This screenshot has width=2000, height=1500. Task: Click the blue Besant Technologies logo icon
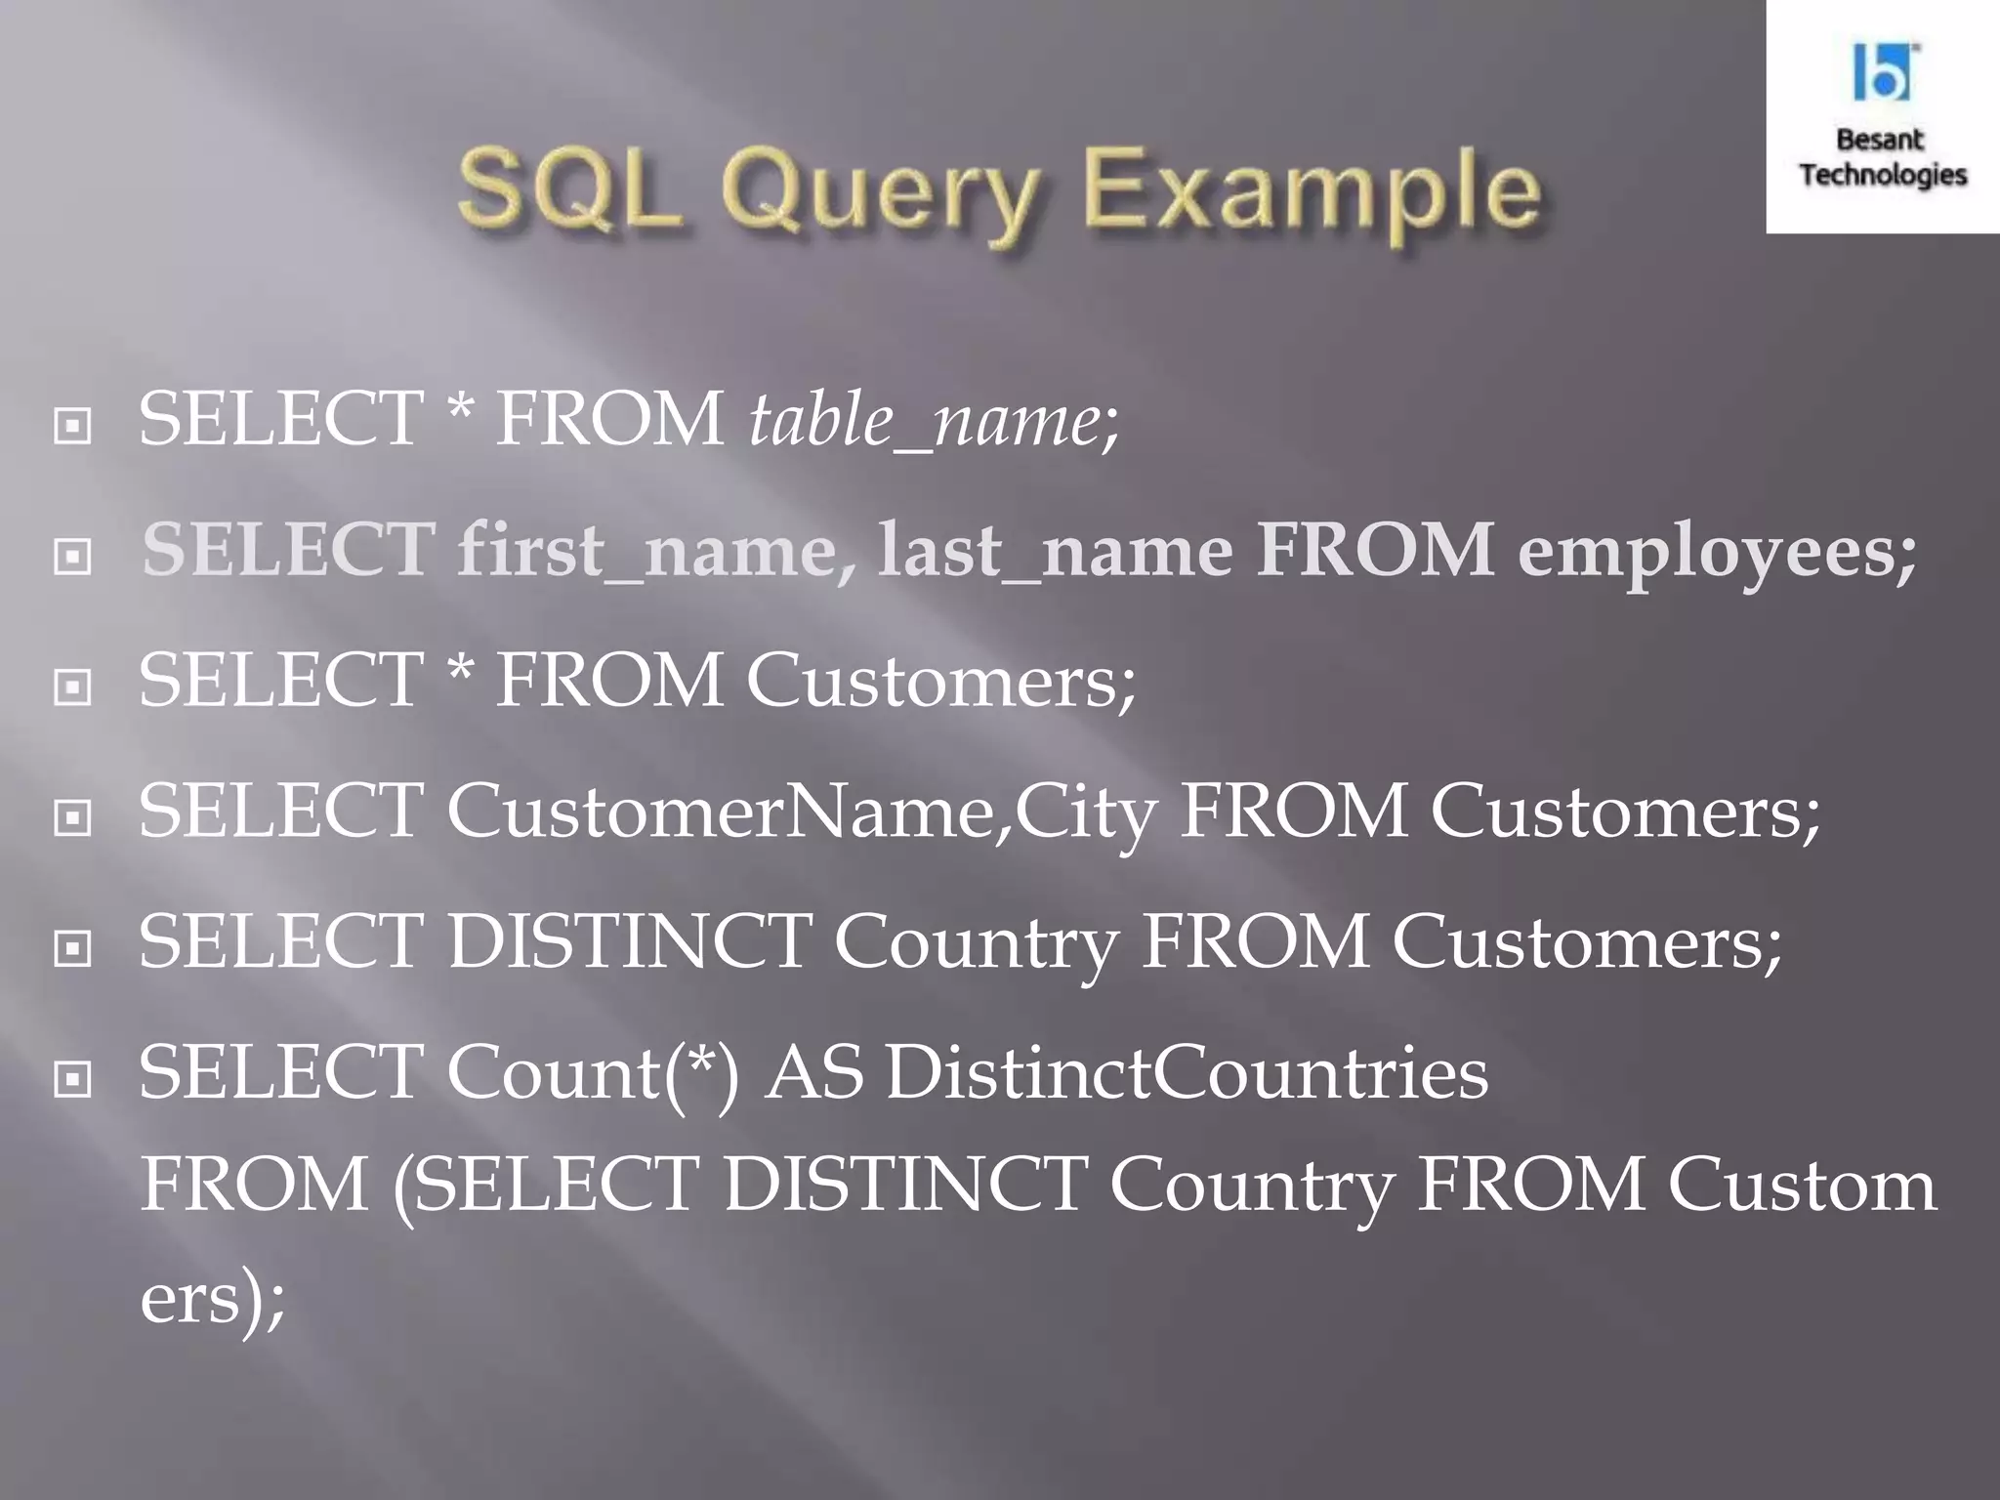point(1882,72)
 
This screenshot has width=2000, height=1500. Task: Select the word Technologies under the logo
point(1883,175)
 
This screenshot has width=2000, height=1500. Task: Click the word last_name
point(1054,551)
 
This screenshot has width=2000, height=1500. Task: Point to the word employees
point(1717,553)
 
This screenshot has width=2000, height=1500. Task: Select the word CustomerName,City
point(801,812)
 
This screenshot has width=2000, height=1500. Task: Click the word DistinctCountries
point(1187,1073)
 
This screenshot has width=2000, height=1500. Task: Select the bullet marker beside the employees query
point(73,557)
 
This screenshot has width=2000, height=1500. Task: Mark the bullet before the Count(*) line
point(73,1079)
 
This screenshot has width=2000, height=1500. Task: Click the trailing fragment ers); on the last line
point(213,1300)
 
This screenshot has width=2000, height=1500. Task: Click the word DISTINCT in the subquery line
point(904,1186)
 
